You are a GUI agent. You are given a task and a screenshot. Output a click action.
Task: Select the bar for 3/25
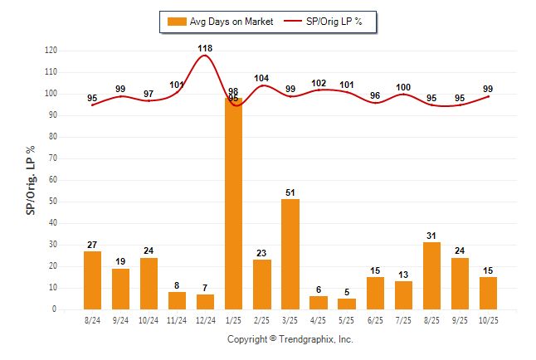pyautogui.click(x=290, y=254)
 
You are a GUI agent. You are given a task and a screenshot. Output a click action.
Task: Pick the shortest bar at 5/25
pyautogui.click(x=346, y=304)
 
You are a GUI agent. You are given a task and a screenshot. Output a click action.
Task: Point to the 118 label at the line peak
pyautogui.click(x=205, y=48)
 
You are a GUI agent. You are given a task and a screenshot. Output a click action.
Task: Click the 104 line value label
pyautogui.click(x=261, y=78)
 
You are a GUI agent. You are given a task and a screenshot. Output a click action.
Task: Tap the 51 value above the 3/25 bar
pyautogui.click(x=290, y=192)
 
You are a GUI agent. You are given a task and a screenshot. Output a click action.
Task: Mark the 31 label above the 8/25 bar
pyautogui.click(x=431, y=236)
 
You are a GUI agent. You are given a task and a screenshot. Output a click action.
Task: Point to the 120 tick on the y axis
pyautogui.click(x=51, y=51)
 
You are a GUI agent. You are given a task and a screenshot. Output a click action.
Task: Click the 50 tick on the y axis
pyautogui.click(x=53, y=202)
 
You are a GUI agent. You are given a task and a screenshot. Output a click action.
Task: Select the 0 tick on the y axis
pyautogui.click(x=55, y=309)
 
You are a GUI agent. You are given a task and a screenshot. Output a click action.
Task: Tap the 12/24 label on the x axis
pyautogui.click(x=205, y=320)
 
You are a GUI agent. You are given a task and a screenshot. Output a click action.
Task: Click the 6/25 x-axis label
pyautogui.click(x=374, y=320)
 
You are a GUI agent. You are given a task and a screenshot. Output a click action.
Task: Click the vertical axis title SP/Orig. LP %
pyautogui.click(x=31, y=180)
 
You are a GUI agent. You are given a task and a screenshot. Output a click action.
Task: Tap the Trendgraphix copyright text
pyautogui.click(x=290, y=339)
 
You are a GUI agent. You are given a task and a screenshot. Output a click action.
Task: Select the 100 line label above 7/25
pyautogui.click(x=402, y=87)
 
